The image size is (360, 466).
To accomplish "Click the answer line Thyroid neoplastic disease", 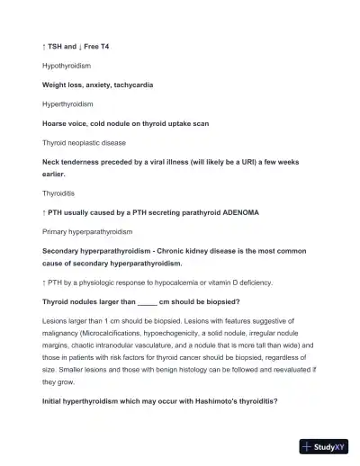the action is (85, 143).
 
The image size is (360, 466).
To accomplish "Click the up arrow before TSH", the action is (44, 45).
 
